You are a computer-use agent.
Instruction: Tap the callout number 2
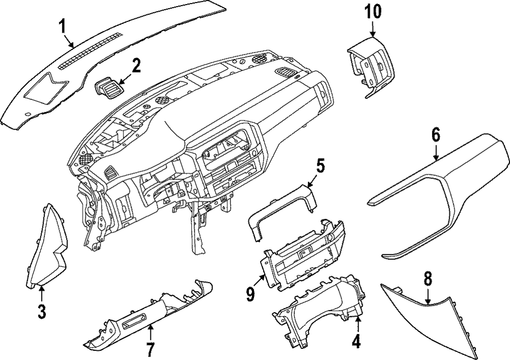tap(136, 66)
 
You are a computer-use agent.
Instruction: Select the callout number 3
tap(42, 311)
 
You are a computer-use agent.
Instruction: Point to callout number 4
tap(356, 341)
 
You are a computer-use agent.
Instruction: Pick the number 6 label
tap(435, 135)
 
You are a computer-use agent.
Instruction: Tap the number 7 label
tap(150, 350)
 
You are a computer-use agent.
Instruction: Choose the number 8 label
tap(428, 278)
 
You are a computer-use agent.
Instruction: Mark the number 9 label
tap(250, 295)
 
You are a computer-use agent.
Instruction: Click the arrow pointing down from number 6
tap(436, 152)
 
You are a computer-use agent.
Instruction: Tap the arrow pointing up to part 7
tap(150, 334)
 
